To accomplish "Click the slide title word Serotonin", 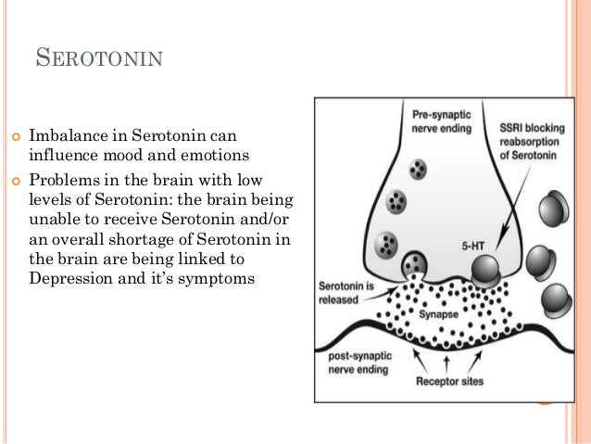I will (x=99, y=61).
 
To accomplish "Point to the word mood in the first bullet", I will (x=138, y=153).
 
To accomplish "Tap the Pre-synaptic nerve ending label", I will (x=441, y=120).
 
